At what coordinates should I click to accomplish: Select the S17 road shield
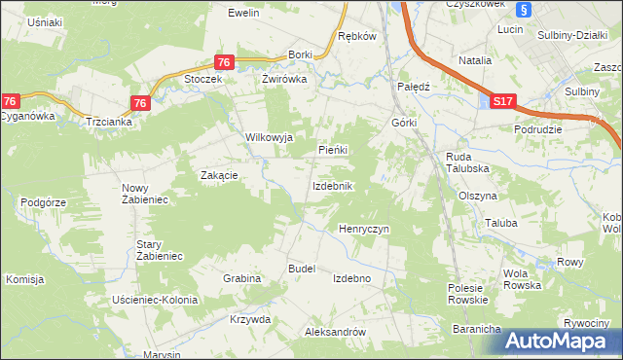coord(501,100)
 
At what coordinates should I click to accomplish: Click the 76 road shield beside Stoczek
coord(224,62)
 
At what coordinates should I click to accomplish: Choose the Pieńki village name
coord(334,150)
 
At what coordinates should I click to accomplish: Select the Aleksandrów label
coord(335,332)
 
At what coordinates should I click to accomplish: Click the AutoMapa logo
coord(559,341)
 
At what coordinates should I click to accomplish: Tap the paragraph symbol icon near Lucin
coord(524,10)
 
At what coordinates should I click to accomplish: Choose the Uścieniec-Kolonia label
coord(156,299)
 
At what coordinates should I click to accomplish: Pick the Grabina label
coord(241,278)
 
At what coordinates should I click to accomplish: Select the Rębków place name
coord(356,36)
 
